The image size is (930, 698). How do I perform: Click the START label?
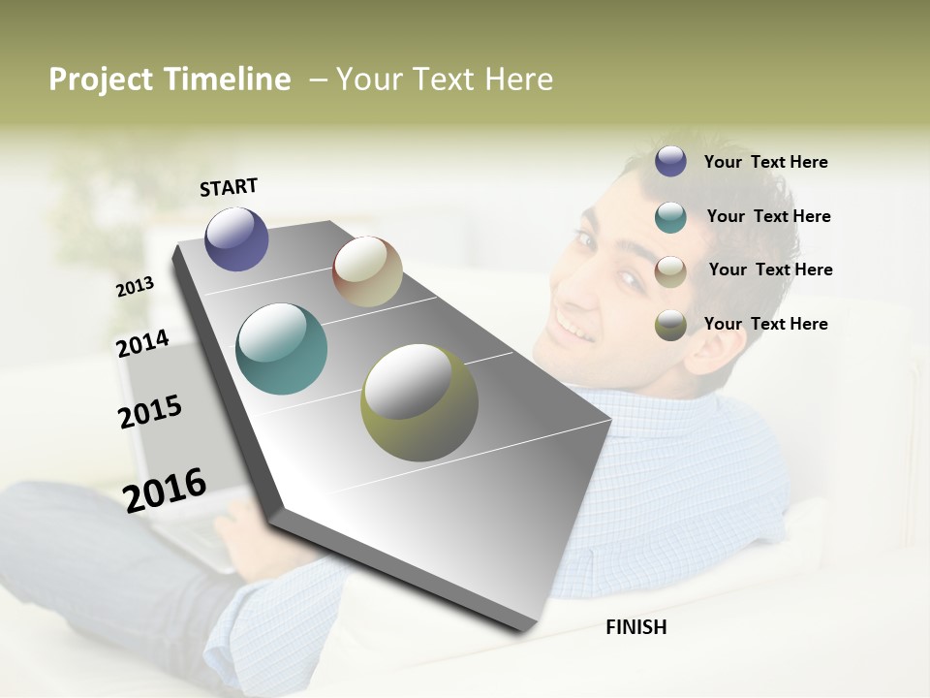point(229,187)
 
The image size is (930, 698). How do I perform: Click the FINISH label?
point(635,627)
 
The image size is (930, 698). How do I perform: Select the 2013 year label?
point(135,287)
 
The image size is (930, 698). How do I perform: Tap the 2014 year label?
point(142,344)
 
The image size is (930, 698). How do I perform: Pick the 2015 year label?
point(150,412)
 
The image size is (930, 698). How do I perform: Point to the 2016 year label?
point(165,490)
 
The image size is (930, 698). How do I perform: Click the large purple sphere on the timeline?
point(236,238)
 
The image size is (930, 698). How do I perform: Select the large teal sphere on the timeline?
point(281,349)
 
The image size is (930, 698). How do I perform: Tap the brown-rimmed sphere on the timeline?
point(367,271)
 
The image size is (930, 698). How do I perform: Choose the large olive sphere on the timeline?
point(418,402)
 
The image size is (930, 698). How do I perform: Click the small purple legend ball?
point(670,162)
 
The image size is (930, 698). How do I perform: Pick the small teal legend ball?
point(670,217)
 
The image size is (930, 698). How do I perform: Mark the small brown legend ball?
point(670,271)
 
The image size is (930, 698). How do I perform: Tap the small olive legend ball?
point(670,325)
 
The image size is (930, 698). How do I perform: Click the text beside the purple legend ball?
point(765,162)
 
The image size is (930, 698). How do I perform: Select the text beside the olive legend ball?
point(765,324)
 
